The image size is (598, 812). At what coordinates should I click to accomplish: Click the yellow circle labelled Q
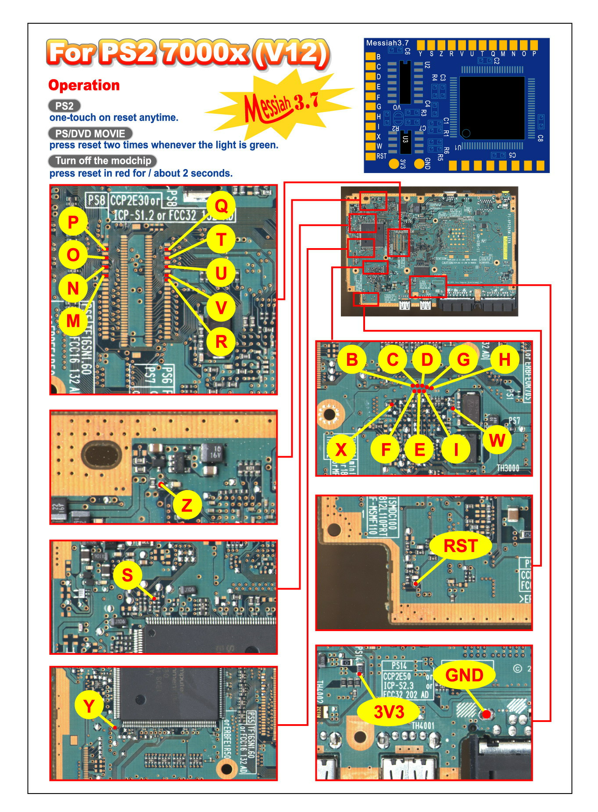(221, 206)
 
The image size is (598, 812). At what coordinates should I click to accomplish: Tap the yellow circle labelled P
(73, 223)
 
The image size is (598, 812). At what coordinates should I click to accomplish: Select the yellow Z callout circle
(187, 505)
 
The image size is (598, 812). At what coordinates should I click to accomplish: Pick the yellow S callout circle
(127, 575)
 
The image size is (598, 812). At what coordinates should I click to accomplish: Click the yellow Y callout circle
(89, 706)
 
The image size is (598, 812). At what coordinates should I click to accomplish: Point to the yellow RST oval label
(460, 546)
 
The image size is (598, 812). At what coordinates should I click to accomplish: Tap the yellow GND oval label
(464, 675)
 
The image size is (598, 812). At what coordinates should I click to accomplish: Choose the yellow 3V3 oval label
(389, 711)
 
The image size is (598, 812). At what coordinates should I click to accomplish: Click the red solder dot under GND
(486, 715)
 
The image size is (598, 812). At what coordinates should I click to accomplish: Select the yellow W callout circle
(497, 440)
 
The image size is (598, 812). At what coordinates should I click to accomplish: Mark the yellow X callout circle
(341, 449)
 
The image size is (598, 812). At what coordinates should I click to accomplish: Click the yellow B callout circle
(352, 360)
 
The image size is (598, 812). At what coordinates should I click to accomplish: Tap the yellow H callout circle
(505, 360)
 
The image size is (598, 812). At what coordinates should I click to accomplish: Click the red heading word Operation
(84, 85)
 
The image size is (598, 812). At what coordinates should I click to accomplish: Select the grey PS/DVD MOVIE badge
(90, 134)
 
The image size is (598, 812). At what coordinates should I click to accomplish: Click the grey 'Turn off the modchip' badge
(103, 161)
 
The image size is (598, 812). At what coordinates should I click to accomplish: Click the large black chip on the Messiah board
(492, 108)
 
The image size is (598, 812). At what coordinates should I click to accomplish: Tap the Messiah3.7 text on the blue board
(387, 43)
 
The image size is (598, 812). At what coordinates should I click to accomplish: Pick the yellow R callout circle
(221, 341)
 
